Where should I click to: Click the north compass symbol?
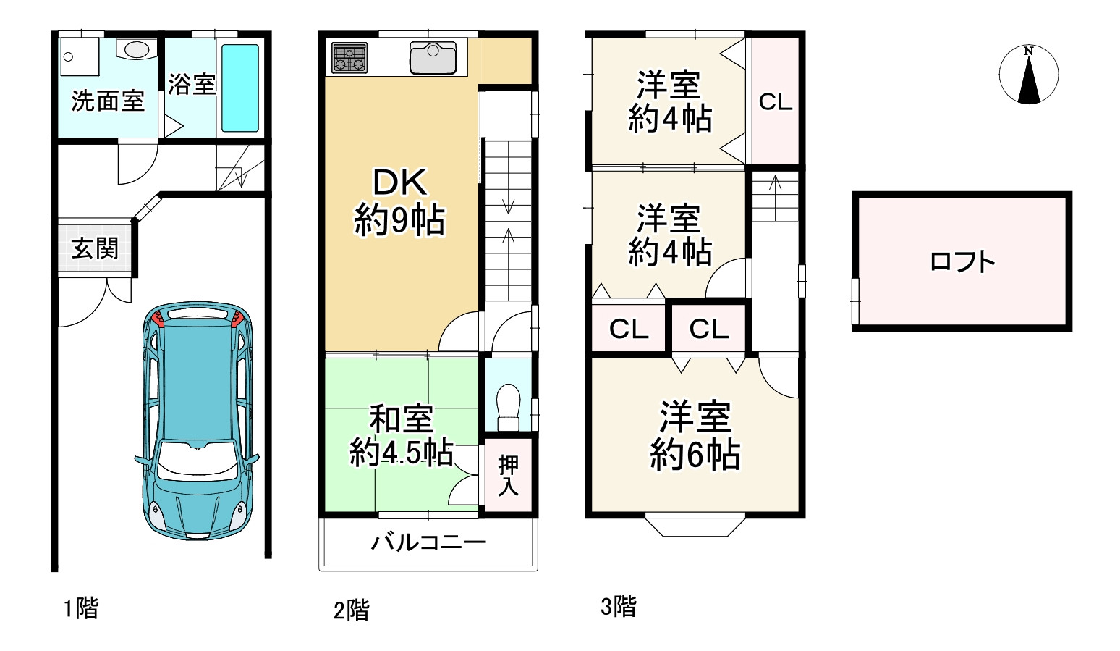coord(1028,75)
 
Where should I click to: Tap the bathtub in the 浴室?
coord(239,88)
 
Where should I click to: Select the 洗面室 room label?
coord(108,101)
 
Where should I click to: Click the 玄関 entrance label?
coord(95,248)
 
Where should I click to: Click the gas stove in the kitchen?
coord(349,58)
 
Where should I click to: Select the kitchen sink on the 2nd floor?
coord(433,57)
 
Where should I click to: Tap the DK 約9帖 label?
coord(399,202)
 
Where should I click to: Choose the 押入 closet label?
coord(508,475)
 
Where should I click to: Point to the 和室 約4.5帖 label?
coord(401,436)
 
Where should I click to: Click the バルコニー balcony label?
coord(428,542)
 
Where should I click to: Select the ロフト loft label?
coord(962,261)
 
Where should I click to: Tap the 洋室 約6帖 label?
coord(695,436)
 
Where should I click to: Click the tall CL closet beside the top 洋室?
coord(776,101)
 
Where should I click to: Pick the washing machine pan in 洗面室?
coord(79,56)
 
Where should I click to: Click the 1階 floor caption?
coord(80,608)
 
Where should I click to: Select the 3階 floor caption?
coord(619,606)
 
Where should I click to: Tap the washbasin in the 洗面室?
coord(137,49)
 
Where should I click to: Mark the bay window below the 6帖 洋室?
coord(695,526)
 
